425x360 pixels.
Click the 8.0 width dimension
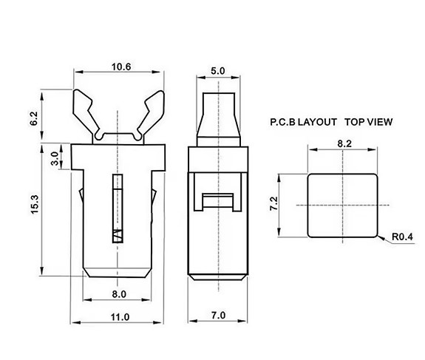pyautogui.click(x=119, y=294)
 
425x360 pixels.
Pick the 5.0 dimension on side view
pyautogui.click(x=217, y=71)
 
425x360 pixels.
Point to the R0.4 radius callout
pyautogui.click(x=399, y=237)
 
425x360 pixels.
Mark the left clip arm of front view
pyautogui.click(x=87, y=112)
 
